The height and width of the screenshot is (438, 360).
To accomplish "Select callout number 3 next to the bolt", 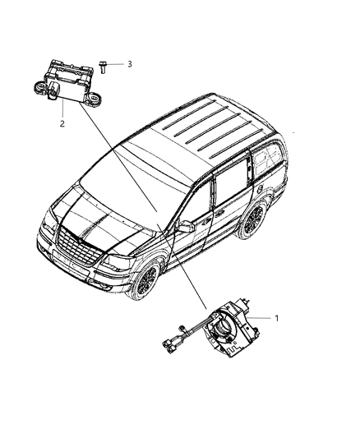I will [x=129, y=63].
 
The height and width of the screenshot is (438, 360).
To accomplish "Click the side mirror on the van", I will [x=185, y=226].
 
